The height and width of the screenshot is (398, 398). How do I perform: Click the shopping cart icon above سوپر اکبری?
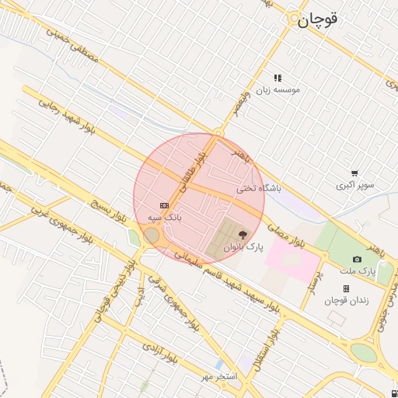354,173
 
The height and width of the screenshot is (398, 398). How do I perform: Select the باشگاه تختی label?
257,188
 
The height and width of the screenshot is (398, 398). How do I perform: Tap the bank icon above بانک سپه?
164,205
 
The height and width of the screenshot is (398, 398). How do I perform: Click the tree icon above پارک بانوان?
243,233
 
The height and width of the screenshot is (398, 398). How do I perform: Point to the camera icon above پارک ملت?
357,259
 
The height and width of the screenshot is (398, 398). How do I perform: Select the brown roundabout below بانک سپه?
152,235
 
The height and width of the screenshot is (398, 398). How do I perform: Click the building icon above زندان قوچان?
346,288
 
